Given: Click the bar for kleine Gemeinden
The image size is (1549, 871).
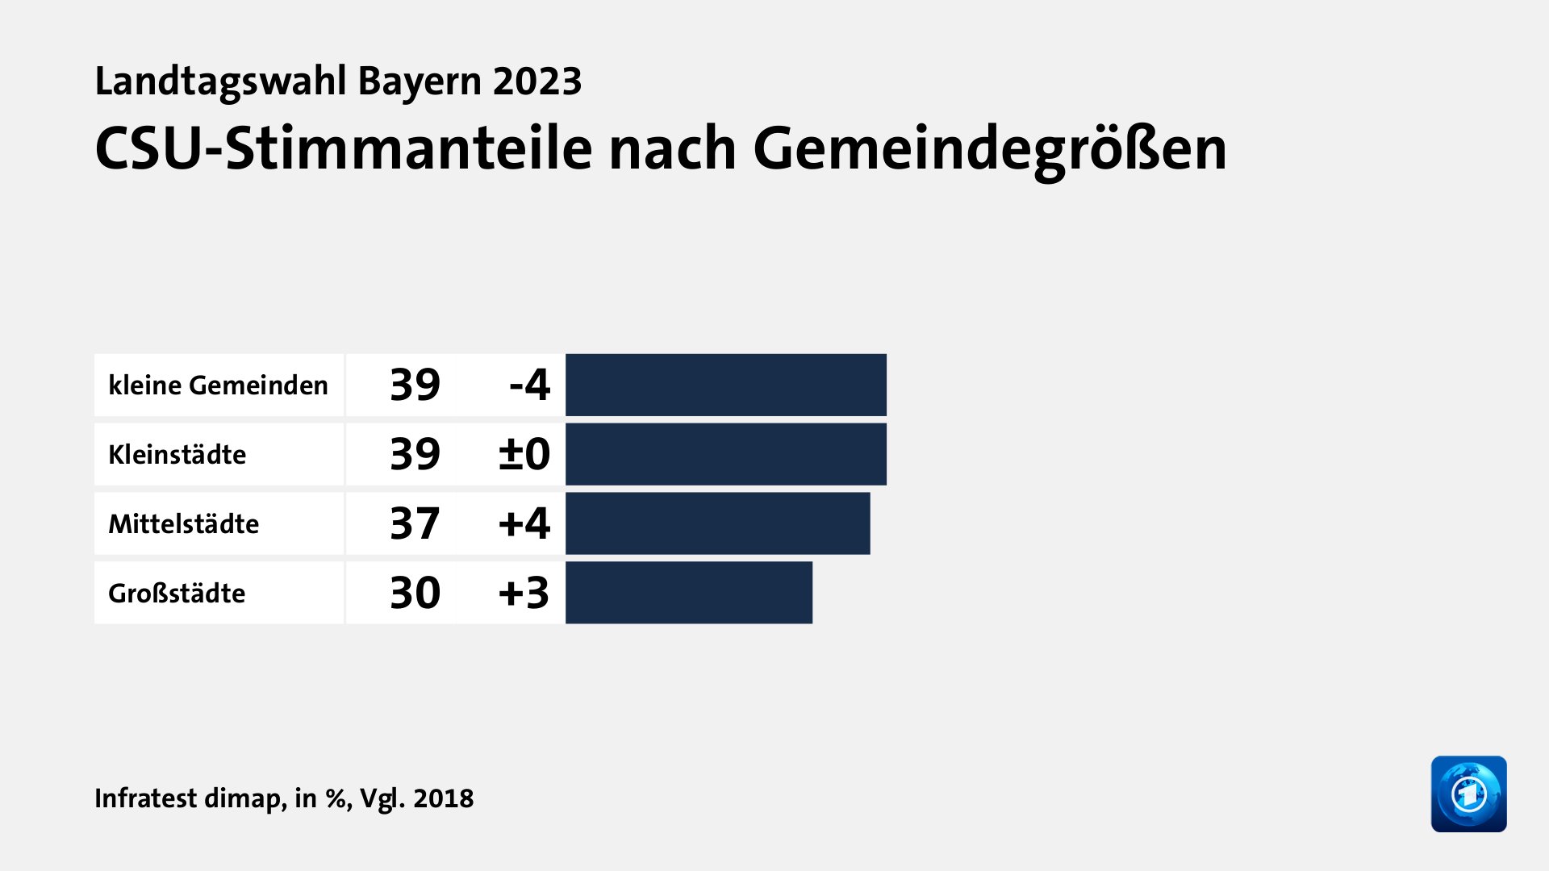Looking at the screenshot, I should [725, 385].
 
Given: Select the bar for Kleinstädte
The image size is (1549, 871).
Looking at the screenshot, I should [725, 454].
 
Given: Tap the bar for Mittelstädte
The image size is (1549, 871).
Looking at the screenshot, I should [717, 523].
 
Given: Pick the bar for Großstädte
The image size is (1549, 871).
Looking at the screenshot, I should [688, 593].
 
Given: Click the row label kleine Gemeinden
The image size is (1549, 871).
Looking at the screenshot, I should [218, 385].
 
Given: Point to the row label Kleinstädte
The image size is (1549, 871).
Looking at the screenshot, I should [177, 455].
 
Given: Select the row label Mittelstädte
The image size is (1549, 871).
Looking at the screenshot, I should [183, 524].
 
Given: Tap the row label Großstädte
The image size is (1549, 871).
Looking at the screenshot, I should [177, 594].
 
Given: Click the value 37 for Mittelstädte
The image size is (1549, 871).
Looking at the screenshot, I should [415, 523].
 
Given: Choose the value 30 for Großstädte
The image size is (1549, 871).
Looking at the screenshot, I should [415, 593].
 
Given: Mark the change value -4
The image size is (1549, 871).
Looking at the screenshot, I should [529, 385].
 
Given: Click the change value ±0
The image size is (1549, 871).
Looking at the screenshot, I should [524, 454].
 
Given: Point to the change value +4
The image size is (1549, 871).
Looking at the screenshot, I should [524, 523].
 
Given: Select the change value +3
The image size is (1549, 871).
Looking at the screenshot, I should [524, 593].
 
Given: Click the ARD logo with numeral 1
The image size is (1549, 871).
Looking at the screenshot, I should [1468, 794].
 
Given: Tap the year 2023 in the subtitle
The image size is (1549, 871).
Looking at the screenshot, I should [537, 81].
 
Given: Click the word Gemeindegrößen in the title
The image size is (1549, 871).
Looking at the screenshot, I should [990, 150].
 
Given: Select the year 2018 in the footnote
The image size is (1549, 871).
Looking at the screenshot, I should [443, 798].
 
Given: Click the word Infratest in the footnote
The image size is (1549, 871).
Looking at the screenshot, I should [146, 798].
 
